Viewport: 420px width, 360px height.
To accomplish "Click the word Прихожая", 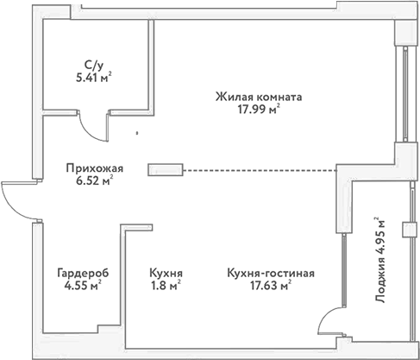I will pos(95,168).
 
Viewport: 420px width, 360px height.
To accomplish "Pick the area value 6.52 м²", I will pos(95,181).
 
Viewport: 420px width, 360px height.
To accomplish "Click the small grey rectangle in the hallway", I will pos(166,169).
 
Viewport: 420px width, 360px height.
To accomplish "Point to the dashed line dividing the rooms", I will pos(259,169).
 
